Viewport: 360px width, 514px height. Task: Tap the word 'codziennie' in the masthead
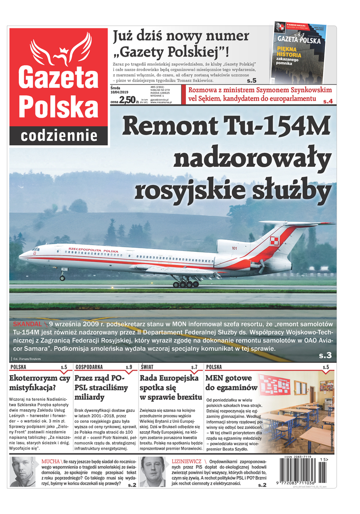(x=59, y=135)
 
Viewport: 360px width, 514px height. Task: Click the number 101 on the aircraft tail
(x=234, y=248)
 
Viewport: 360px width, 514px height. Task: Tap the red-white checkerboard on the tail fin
(x=274, y=241)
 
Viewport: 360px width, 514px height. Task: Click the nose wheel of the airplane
(x=62, y=278)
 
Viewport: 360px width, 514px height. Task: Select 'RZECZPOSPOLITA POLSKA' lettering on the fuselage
(x=93, y=250)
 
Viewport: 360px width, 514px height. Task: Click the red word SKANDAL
(x=27, y=324)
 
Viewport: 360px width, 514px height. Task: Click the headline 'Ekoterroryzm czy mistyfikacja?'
(x=40, y=383)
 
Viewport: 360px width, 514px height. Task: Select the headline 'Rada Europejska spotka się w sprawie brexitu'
(x=169, y=388)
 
